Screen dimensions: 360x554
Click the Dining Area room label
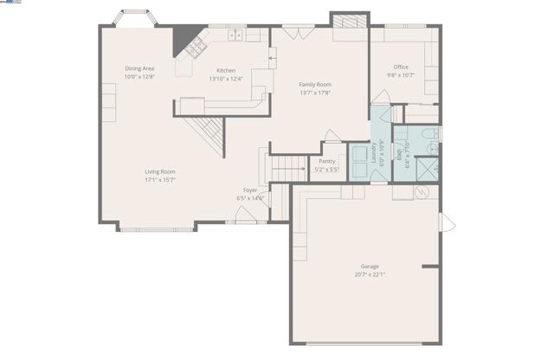click(x=138, y=68)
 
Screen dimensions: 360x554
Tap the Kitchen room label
click(x=226, y=70)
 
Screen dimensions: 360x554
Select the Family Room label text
click(x=315, y=84)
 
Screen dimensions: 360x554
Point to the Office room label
click(x=400, y=67)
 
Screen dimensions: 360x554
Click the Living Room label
click(x=160, y=171)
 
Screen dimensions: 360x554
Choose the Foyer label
click(x=249, y=190)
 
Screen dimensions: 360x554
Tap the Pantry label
click(x=326, y=161)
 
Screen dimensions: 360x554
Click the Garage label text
click(x=370, y=267)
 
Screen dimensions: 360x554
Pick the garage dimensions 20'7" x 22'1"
click(x=370, y=275)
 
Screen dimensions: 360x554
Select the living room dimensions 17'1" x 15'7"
click(x=160, y=180)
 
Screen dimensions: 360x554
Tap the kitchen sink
click(x=235, y=36)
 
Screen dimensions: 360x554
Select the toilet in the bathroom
click(x=428, y=134)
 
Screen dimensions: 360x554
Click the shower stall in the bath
click(x=428, y=166)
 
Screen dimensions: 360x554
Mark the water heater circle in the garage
click(x=423, y=192)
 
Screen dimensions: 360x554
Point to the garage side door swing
click(x=446, y=222)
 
